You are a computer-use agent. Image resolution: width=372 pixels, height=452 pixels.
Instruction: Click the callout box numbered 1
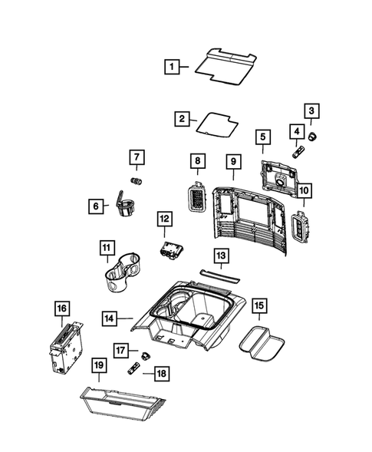[173, 67]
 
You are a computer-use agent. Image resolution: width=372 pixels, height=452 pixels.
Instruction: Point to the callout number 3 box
[311, 114]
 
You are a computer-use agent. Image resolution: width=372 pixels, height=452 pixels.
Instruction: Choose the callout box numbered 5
[262, 137]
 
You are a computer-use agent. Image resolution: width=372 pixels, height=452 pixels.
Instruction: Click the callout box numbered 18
[162, 372]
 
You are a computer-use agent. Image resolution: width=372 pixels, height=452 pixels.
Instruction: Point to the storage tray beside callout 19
[123, 401]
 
